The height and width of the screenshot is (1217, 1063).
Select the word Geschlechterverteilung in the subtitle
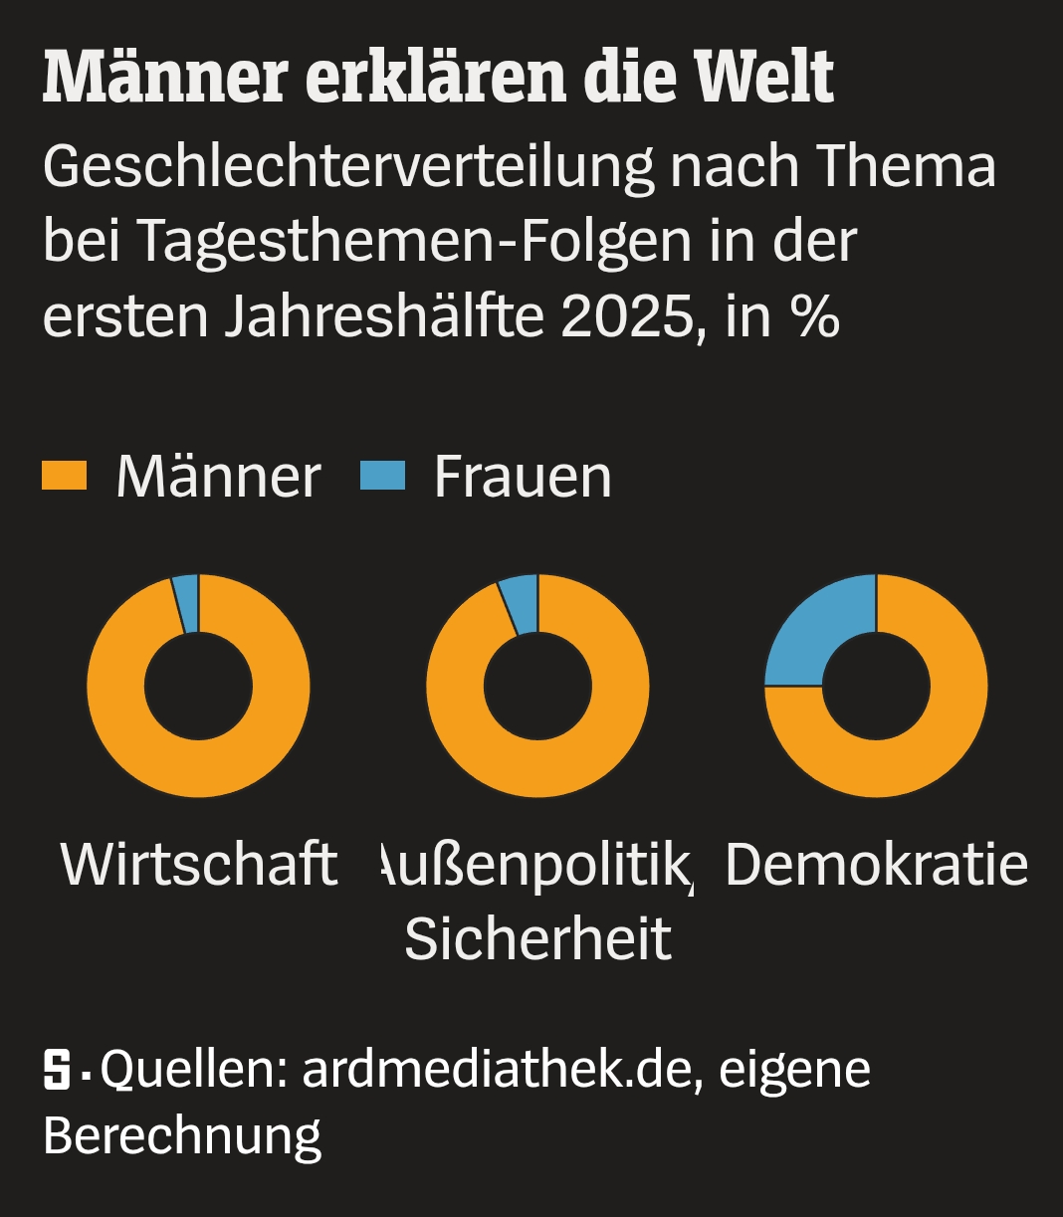348,166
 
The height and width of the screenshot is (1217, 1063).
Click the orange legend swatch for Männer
65,476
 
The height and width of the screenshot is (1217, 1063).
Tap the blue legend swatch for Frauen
383,476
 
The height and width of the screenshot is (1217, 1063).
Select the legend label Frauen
523,477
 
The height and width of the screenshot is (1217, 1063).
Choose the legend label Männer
218,477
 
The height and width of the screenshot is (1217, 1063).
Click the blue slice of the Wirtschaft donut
186,603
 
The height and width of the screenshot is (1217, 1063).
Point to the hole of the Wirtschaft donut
198,686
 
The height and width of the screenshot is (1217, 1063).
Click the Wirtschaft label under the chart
198,863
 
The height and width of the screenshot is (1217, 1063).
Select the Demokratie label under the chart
876,863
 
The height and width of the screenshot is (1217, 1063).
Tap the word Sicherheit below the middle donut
537,937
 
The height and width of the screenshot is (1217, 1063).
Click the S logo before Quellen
58,1071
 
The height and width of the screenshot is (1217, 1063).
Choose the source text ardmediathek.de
497,1070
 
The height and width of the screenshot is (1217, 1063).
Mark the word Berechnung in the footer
182,1135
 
